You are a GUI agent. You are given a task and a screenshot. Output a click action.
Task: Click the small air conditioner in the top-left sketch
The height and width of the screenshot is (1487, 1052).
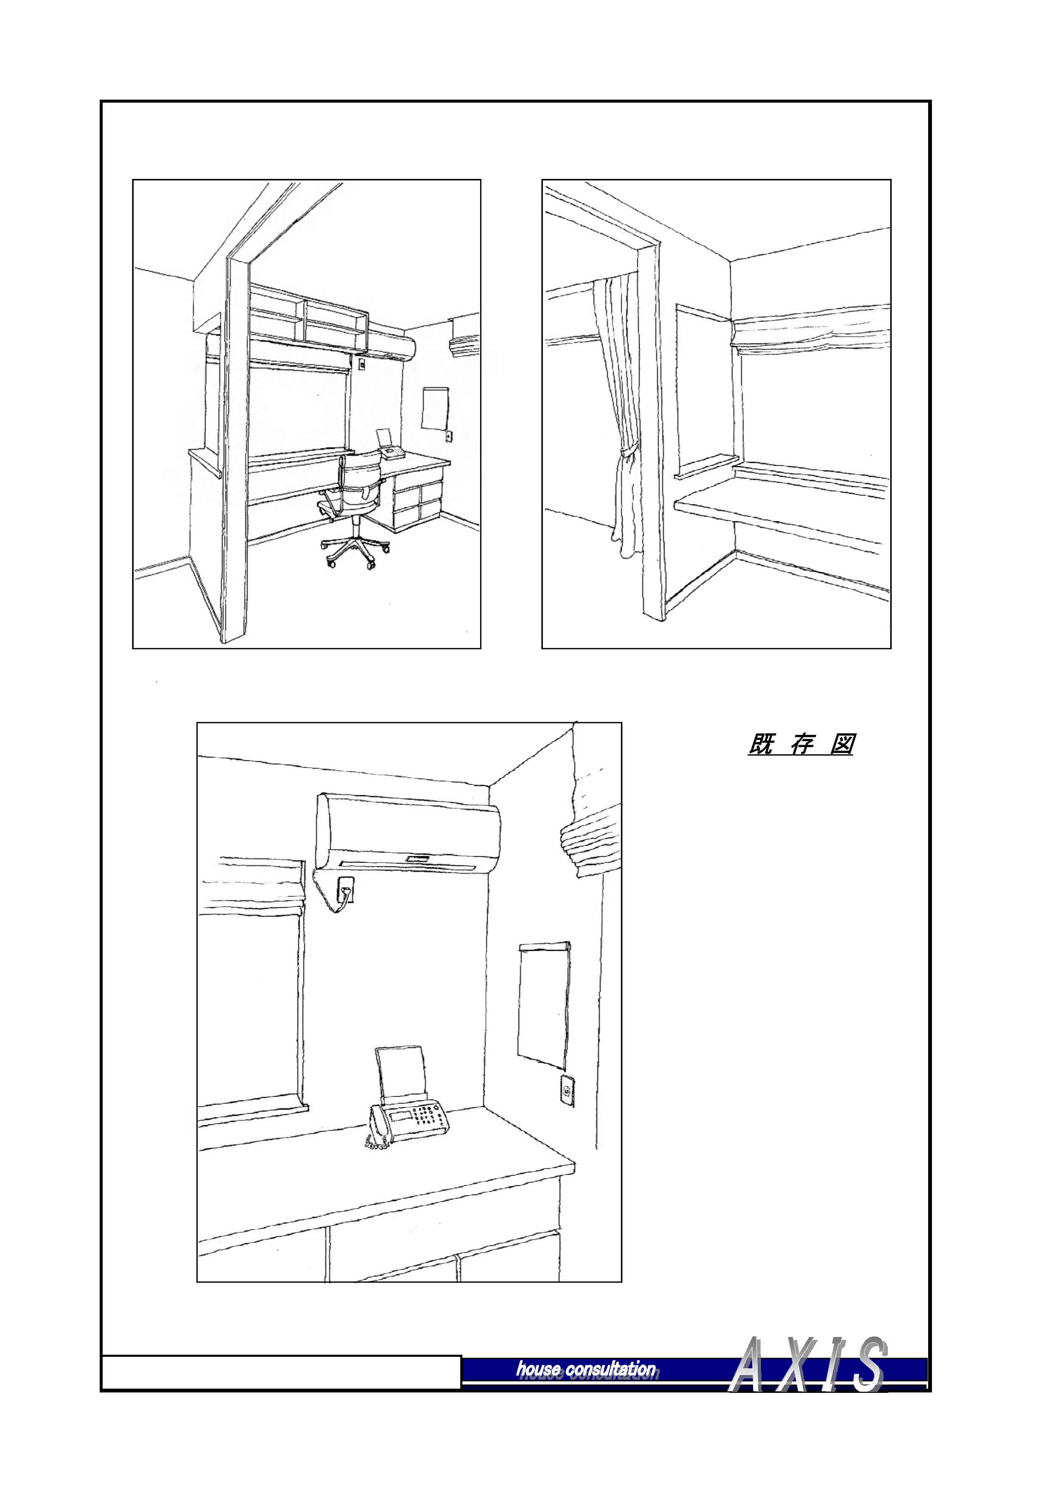[464, 336]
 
